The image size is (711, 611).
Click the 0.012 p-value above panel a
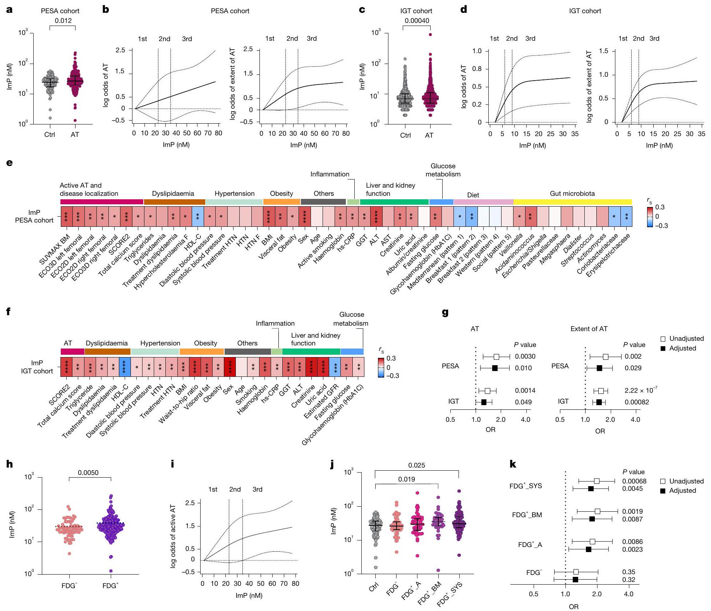63,21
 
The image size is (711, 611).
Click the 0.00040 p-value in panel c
417,21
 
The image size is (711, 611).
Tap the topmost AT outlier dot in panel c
430,35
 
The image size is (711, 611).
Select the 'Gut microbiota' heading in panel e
572,193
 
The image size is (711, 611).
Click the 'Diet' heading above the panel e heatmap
473,195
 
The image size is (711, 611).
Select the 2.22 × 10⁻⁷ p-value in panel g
641,390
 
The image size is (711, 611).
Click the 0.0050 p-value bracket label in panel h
88,473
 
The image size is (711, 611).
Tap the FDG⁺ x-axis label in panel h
111,585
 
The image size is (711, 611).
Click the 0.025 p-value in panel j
417,465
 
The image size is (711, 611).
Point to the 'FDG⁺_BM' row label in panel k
527,515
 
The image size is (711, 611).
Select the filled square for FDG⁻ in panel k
575,580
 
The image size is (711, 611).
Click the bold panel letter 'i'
173,464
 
